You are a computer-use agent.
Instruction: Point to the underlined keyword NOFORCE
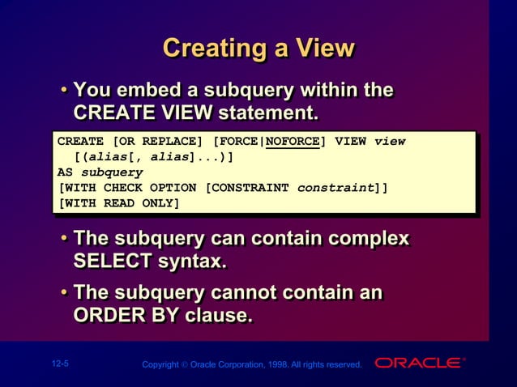(293, 141)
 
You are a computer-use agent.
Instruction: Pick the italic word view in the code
(390, 141)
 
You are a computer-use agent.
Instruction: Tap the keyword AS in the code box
(65, 172)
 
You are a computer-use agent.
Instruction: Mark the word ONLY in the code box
(161, 202)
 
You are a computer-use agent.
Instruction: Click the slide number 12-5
(59, 364)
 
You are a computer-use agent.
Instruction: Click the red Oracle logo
(418, 363)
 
